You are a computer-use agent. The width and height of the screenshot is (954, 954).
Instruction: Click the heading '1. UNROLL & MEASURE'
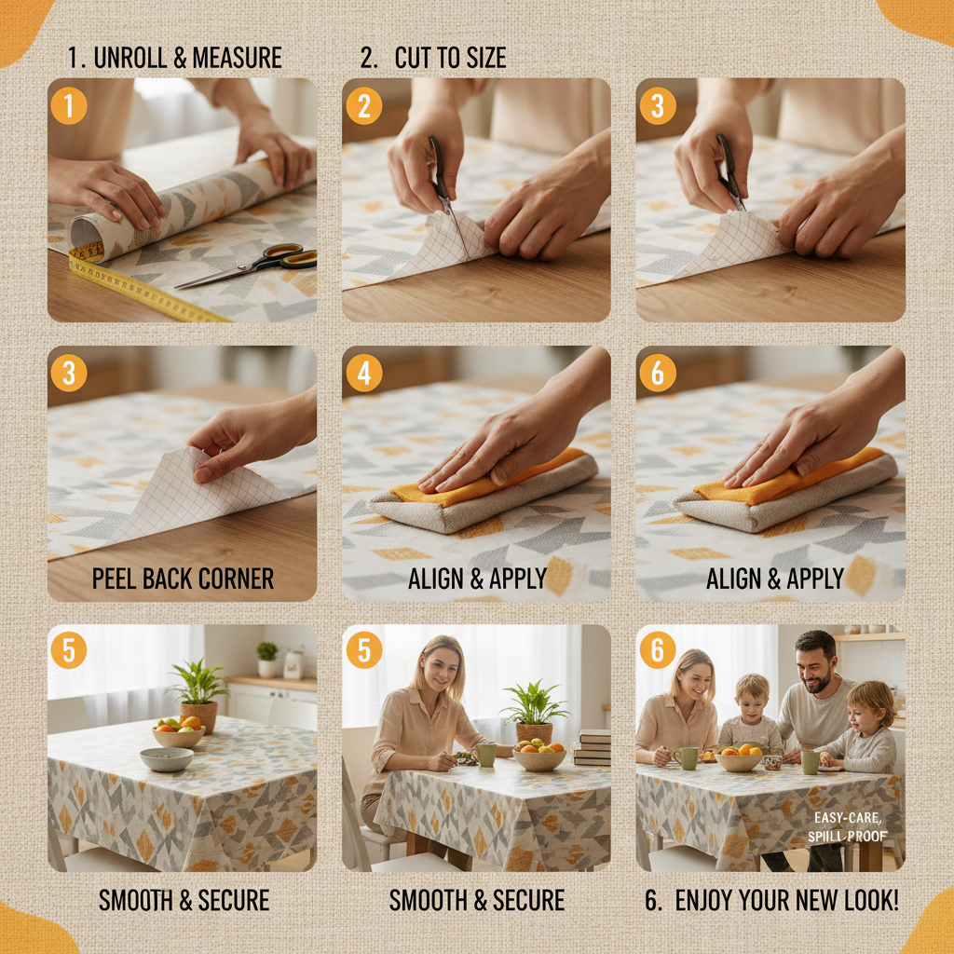[x=174, y=58]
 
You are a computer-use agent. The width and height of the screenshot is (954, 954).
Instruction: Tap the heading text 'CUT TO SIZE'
[x=450, y=58]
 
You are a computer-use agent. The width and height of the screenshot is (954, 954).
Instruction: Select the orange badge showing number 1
[x=68, y=106]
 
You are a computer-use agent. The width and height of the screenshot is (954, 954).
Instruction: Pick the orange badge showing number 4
[x=363, y=374]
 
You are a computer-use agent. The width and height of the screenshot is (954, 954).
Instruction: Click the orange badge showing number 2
[x=363, y=106]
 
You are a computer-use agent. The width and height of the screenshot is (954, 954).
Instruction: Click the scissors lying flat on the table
[x=252, y=266]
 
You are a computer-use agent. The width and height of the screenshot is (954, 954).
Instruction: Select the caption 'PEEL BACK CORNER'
[x=183, y=579]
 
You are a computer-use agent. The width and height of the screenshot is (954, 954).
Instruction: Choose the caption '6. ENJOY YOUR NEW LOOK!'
[x=771, y=901]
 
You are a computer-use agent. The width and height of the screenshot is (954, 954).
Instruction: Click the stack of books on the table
[x=593, y=747]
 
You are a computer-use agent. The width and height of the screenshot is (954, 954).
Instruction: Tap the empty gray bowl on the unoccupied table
[x=166, y=759]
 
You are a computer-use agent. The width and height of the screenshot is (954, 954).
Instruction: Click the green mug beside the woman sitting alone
[x=486, y=754]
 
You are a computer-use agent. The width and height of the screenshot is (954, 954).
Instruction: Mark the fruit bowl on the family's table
[x=739, y=759]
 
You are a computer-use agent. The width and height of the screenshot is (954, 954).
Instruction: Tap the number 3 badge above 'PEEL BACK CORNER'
[x=68, y=374]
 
